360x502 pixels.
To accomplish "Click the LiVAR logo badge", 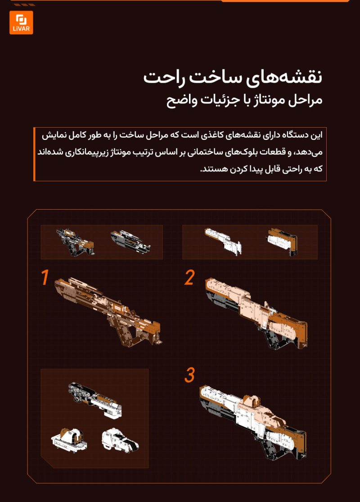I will coord(21,23).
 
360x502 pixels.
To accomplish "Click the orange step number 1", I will coord(45,278).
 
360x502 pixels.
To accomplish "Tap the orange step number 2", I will coord(189,278).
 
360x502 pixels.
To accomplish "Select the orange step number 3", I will coord(189,375).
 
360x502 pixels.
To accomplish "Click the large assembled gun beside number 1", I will coord(108,310).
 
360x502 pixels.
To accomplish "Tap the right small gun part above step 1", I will coord(130,242).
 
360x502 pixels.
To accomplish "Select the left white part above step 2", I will coord(223,240).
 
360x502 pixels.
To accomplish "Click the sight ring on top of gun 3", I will coord(253,400).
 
